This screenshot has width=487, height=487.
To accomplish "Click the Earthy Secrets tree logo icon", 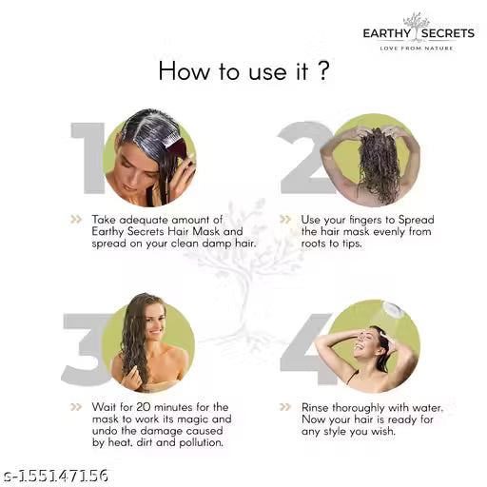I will [417, 20].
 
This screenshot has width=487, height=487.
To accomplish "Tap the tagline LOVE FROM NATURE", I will [418, 48].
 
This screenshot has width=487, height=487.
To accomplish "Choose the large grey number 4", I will [306, 348].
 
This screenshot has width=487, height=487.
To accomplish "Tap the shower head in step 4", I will [391, 310].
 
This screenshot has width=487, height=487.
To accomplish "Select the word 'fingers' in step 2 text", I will [373, 219].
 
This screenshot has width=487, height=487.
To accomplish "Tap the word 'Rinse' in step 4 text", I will [317, 406].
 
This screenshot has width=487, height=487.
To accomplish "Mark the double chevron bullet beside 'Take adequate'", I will [75, 219].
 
